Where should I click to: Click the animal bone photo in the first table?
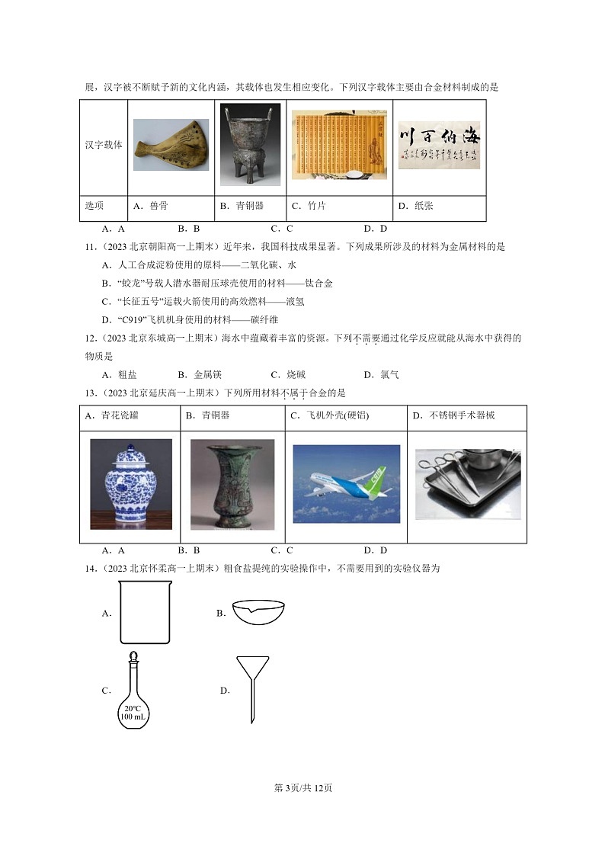click(171, 145)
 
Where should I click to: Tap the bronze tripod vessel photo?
click(250, 145)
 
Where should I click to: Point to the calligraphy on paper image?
click(439, 145)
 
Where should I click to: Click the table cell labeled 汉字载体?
click(104, 145)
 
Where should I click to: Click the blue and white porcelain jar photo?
click(130, 484)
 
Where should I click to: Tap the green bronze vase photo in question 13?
click(232, 484)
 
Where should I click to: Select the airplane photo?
click(346, 484)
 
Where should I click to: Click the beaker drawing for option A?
click(145, 613)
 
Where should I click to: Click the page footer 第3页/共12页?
click(302, 787)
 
